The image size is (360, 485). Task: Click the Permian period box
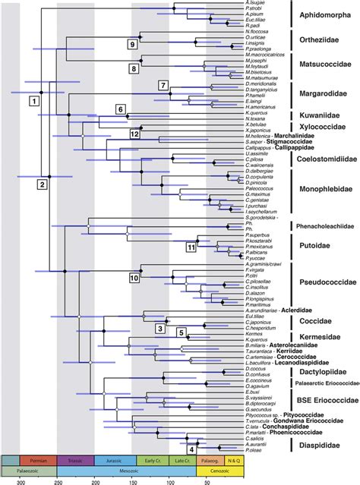click(39, 460)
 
